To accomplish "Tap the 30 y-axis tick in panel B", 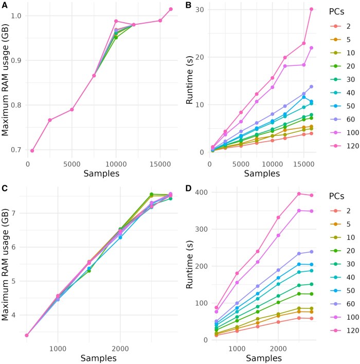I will tap(201, 10).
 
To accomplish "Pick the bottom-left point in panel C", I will tap(26, 335).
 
